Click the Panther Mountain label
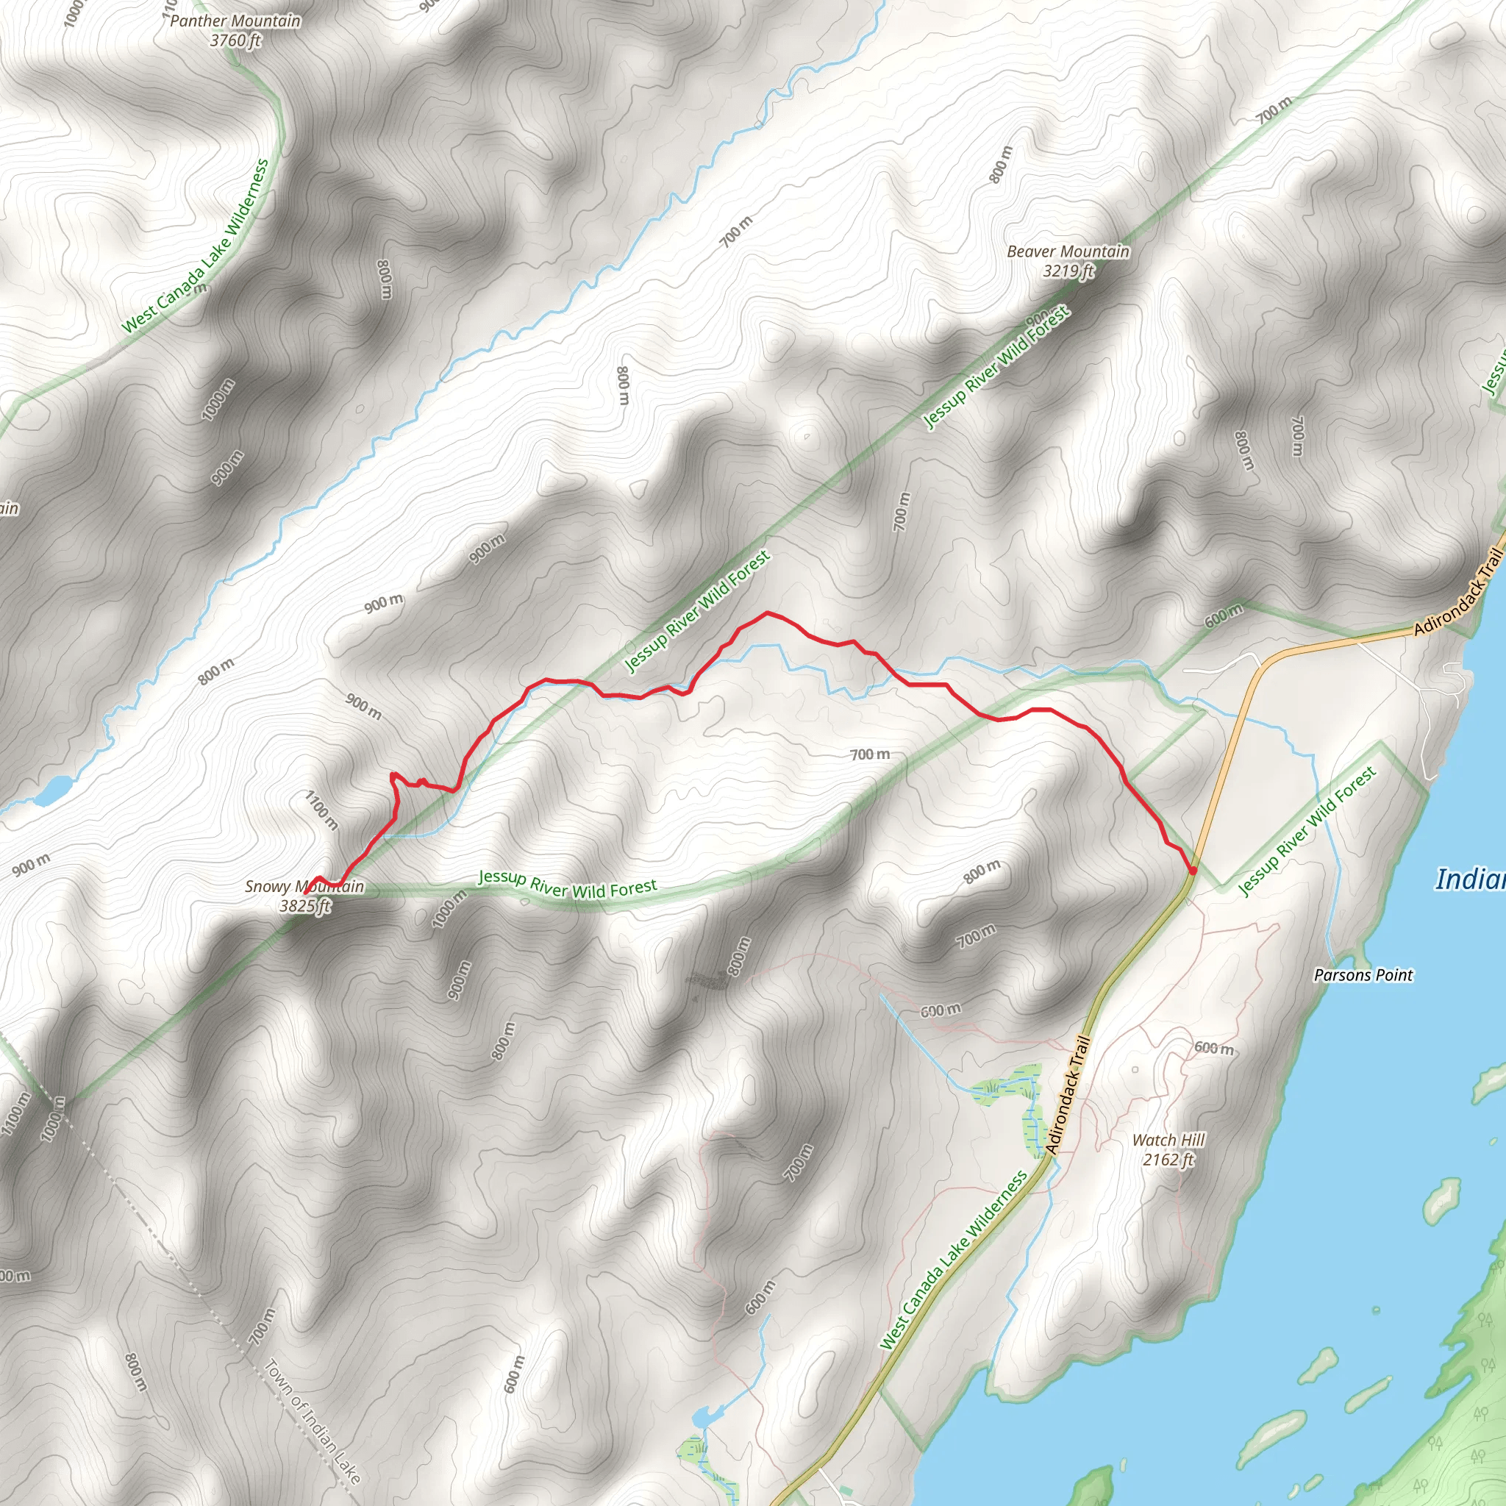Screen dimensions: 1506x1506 tap(235, 21)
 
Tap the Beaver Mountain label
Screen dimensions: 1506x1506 tap(1067, 251)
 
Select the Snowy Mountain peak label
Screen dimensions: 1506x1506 tap(304, 886)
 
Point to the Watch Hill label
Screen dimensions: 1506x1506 tap(1168, 1140)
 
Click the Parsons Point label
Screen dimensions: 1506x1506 tap(1363, 974)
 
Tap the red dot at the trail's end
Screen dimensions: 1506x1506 tap(1193, 870)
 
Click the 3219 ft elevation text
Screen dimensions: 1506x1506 tap(1068, 271)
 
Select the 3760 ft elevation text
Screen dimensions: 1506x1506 tap(235, 40)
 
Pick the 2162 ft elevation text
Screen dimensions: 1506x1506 tap(1168, 1159)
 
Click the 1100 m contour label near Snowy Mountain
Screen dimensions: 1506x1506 tap(321, 810)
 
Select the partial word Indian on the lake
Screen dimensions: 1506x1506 tap(1470, 879)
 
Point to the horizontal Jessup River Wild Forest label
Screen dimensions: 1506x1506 tap(568, 884)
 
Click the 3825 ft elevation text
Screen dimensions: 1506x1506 tap(304, 906)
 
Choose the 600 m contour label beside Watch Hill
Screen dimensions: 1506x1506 tap(1213, 1048)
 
